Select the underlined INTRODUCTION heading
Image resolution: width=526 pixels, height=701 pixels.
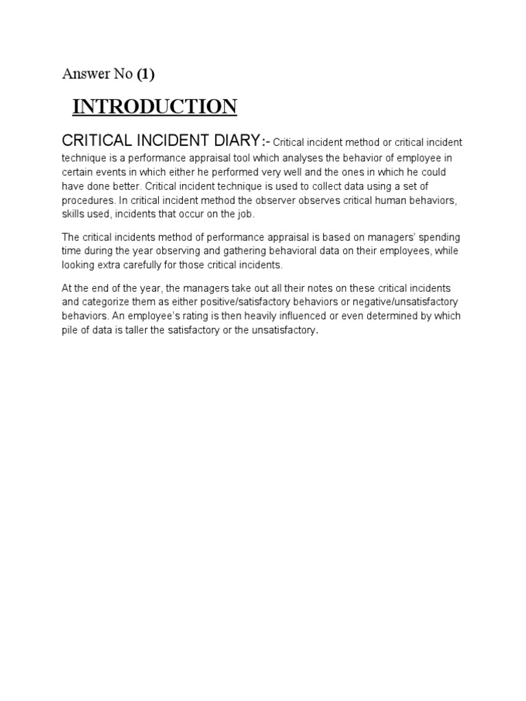coord(155,107)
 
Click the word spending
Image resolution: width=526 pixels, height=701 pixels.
coord(439,237)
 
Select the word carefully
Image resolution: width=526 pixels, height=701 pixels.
coord(150,266)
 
